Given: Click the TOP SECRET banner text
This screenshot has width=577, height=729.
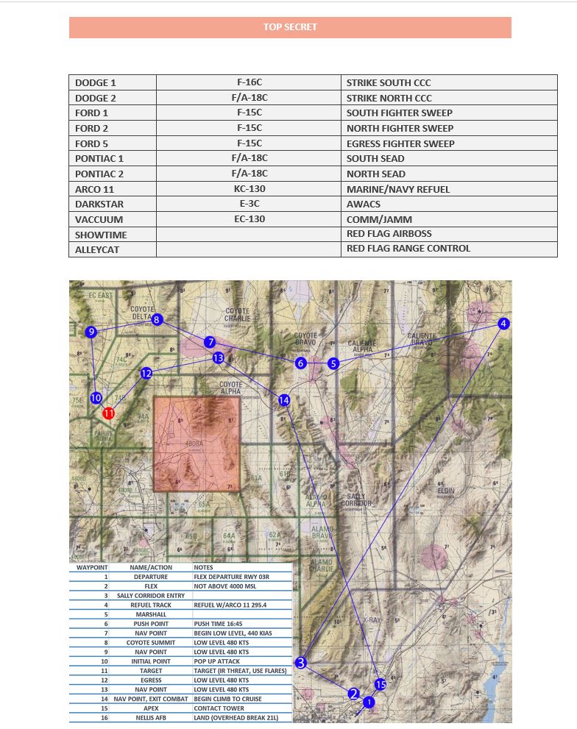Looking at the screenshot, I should pyautogui.click(x=290, y=27).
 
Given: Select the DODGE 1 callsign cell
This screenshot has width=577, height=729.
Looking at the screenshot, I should pyautogui.click(x=96, y=83).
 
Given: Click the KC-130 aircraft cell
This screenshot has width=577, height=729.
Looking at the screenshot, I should pyautogui.click(x=249, y=189).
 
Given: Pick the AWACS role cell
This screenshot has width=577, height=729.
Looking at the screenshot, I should pyautogui.click(x=364, y=205).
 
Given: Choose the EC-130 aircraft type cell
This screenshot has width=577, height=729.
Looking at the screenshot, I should pyautogui.click(x=249, y=219).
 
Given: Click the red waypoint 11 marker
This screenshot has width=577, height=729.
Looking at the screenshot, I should pyautogui.click(x=109, y=413).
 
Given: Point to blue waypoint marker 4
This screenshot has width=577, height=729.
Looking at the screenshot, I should pyautogui.click(x=503, y=324).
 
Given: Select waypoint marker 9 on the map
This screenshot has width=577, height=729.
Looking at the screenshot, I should pyautogui.click(x=91, y=333).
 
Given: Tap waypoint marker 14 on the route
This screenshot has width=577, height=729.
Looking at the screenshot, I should pyautogui.click(x=284, y=399).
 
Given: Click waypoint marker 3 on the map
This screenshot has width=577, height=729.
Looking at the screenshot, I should pyautogui.click(x=300, y=663).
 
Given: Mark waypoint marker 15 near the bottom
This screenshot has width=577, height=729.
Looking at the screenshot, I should pyautogui.click(x=380, y=685).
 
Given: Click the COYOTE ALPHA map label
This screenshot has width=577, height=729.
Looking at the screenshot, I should pyautogui.click(x=230, y=388).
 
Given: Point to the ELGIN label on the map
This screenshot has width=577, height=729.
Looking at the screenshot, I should pyautogui.click(x=445, y=491).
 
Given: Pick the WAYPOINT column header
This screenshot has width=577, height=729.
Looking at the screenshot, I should pyautogui.click(x=92, y=568).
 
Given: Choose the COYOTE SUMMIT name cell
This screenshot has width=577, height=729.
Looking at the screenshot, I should pyautogui.click(x=150, y=643).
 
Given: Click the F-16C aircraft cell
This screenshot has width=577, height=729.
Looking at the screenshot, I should pyautogui.click(x=249, y=83).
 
